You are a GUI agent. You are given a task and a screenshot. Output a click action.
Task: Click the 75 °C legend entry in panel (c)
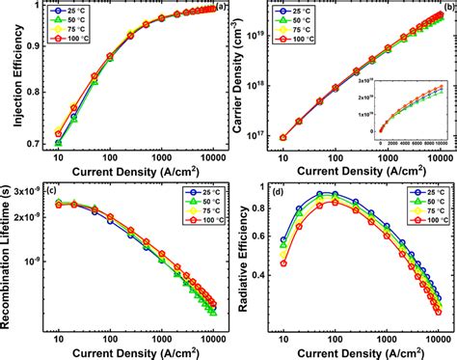pos(193,210)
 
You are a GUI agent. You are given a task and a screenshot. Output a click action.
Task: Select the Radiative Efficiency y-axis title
pos(238,256)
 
